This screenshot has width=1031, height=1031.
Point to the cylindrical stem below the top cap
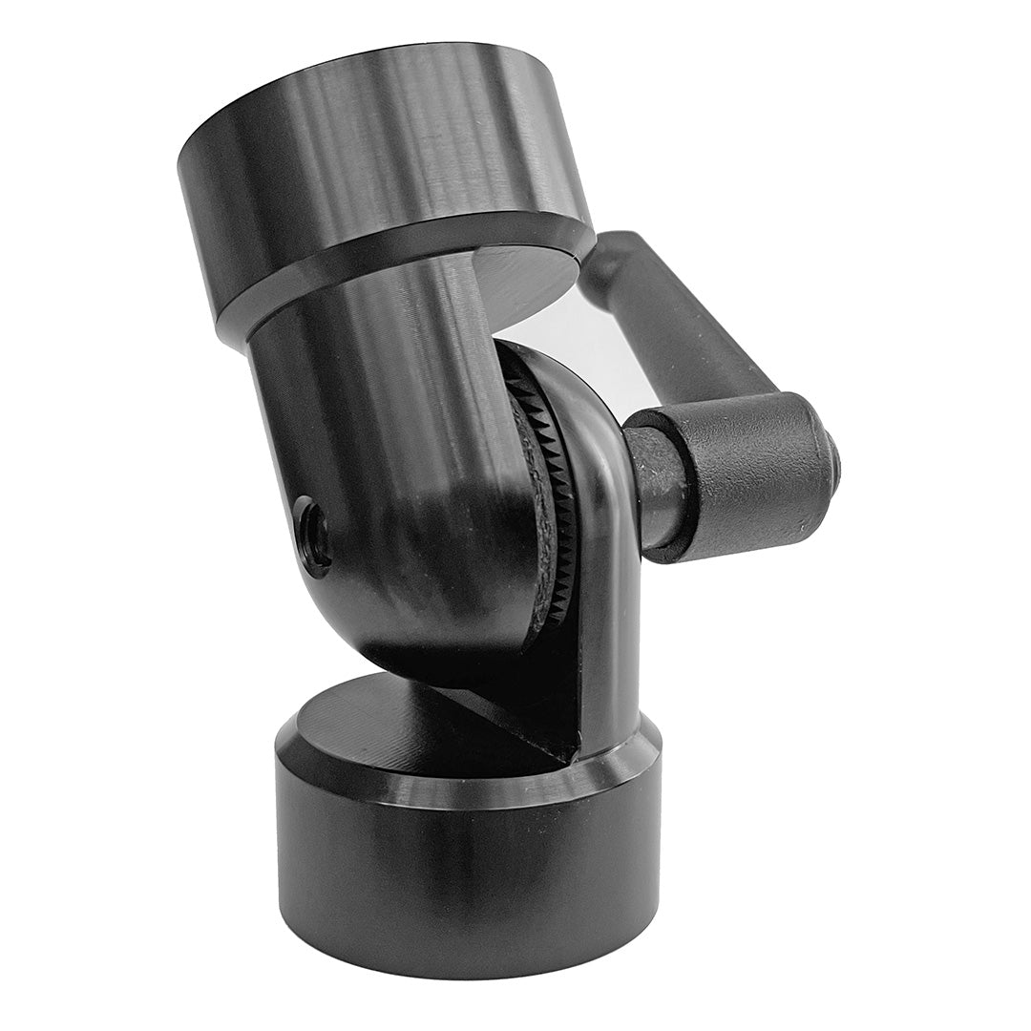[x=382, y=401]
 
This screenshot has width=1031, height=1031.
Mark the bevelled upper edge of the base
[x=458, y=783]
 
